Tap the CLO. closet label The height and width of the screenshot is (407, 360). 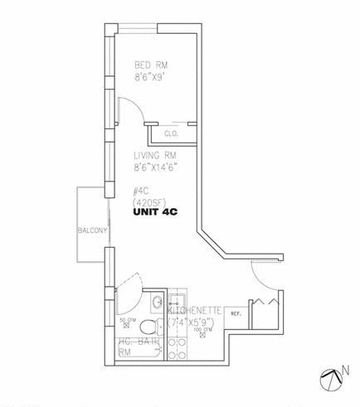172,133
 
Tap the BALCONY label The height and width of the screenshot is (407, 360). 91,230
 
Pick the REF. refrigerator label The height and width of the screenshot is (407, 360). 236,313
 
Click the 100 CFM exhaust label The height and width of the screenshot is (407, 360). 200,330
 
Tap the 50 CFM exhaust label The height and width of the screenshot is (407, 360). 128,319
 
